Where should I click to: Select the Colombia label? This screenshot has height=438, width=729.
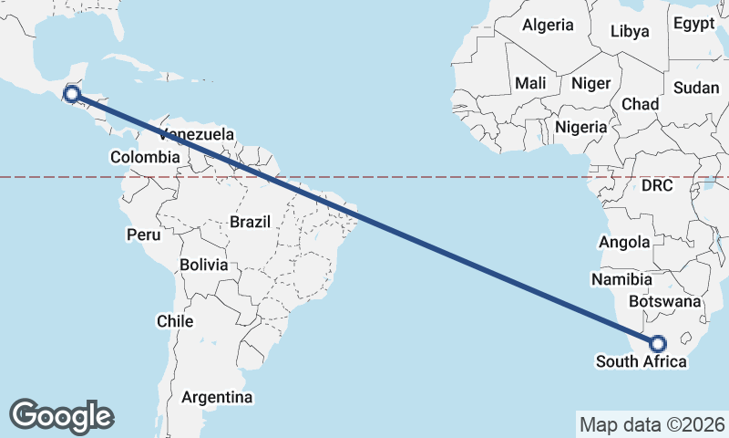click(x=145, y=157)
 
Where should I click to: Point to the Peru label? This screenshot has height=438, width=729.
click(x=143, y=235)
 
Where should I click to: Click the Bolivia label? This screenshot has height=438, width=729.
click(x=203, y=265)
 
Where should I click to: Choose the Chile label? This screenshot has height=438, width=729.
click(x=175, y=321)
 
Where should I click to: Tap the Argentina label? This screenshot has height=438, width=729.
click(x=217, y=398)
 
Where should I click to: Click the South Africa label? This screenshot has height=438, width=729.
click(x=642, y=362)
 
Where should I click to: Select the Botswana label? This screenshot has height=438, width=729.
click(x=665, y=301)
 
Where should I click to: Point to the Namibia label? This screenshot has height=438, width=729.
click(x=621, y=279)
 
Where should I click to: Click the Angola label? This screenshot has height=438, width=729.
click(x=624, y=242)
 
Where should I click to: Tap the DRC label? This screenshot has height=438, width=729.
click(x=656, y=185)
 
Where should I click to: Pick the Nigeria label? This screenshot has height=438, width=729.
click(x=580, y=127)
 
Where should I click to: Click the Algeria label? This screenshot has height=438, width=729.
click(x=548, y=25)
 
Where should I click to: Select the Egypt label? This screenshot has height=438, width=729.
click(x=695, y=25)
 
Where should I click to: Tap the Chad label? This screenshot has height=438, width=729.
click(x=641, y=104)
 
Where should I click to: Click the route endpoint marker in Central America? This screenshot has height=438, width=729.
click(x=72, y=93)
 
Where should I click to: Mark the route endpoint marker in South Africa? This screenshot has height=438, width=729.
click(x=657, y=344)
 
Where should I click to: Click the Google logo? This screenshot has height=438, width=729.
click(x=61, y=415)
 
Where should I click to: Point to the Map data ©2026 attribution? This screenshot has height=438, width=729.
click(x=652, y=424)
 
